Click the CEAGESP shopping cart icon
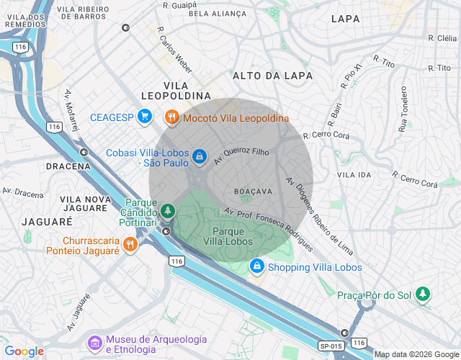[145, 116]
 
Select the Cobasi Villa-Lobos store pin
[198, 156]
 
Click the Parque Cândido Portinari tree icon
[167, 210]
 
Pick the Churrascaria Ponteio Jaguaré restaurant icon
[130, 245]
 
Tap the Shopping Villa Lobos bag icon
[256, 267]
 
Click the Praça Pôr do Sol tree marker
[424, 294]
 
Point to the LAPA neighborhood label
[346, 19]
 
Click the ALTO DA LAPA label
[272, 75]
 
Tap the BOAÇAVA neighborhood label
[253, 191]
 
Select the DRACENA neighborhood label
[68, 166]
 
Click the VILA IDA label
[354, 175]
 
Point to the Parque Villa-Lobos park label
[236, 236]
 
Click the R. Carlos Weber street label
[175, 48]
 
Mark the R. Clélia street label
[438, 38]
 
